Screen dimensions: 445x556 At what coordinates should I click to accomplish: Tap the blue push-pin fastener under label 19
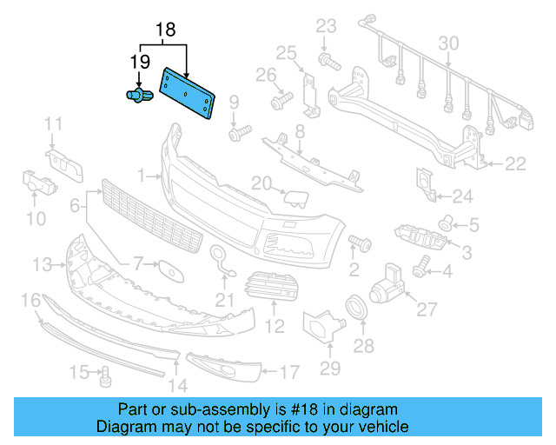point(136,95)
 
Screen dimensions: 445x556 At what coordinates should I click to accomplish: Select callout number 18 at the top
point(165,30)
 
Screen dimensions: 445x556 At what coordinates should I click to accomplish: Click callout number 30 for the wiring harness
point(447,44)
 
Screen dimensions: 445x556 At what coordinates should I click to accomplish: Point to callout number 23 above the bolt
point(325,25)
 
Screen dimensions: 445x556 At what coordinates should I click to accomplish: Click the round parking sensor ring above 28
point(357,308)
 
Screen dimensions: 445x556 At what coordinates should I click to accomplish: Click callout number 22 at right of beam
point(516,163)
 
